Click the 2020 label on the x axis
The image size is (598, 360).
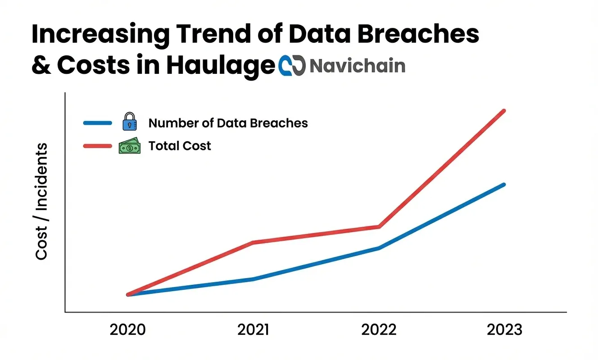point(128,329)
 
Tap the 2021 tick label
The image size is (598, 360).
point(253,329)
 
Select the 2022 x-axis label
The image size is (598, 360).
point(379,329)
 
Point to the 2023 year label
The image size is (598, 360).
point(504,329)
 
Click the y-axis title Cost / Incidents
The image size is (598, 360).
point(41,201)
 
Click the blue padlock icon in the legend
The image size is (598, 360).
point(129,122)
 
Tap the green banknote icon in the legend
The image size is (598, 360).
point(129,146)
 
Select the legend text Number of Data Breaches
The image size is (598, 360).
point(228,123)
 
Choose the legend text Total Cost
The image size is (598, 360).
point(180,146)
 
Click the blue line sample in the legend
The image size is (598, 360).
point(97,122)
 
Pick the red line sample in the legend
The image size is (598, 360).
point(97,146)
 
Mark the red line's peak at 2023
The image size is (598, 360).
point(504,111)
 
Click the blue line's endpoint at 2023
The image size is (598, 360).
point(504,184)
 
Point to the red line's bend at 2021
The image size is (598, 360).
point(253,243)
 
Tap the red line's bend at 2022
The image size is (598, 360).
point(379,226)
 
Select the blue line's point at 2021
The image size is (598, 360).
point(253,279)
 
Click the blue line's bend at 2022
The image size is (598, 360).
point(379,248)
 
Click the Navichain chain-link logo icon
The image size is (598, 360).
point(292,66)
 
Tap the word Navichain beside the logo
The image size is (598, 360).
point(358,66)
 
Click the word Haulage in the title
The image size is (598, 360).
point(220,66)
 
